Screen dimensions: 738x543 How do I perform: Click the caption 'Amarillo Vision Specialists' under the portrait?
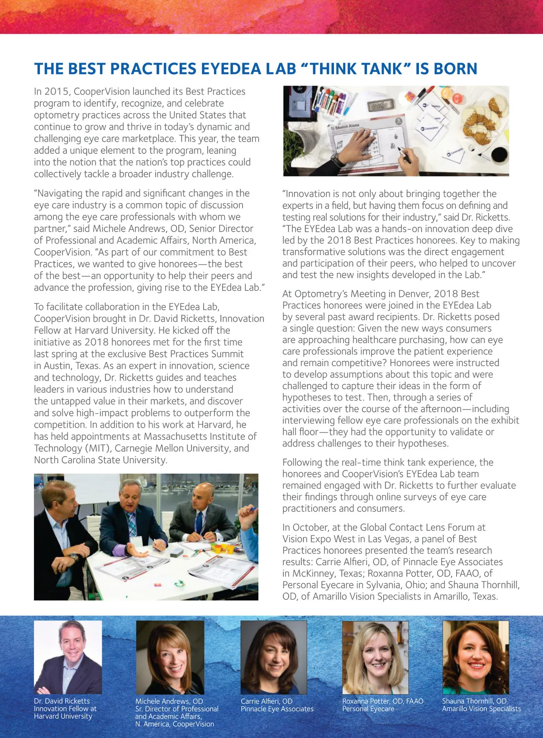pyautogui.click(x=481, y=709)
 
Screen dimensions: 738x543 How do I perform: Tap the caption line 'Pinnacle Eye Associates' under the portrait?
pyautogui.click(x=277, y=709)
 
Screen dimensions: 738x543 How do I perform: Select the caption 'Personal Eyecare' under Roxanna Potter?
pyautogui.click(x=368, y=709)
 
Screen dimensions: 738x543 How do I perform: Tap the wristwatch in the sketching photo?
pyautogui.click(x=337, y=160)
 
